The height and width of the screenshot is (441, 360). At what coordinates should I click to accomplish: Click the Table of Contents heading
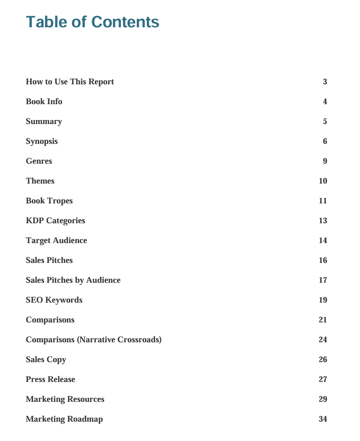coord(93,22)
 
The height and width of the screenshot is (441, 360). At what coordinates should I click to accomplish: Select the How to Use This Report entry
coord(70,82)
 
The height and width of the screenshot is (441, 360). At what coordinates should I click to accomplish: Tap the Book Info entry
coord(44,102)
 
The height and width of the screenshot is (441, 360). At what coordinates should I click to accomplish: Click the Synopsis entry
coord(42,141)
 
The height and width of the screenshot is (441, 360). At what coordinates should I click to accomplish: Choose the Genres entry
coord(39,161)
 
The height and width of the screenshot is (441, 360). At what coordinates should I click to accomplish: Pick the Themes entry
coord(40,181)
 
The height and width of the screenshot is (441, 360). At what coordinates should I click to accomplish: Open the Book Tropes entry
coord(49,201)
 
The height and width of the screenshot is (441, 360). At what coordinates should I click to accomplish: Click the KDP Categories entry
coord(56,221)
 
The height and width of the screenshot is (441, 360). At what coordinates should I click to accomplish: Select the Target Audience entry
coord(57,241)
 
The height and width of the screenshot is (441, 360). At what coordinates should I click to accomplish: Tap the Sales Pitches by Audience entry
coord(73,280)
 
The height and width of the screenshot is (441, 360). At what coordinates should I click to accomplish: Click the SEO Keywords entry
coord(54,300)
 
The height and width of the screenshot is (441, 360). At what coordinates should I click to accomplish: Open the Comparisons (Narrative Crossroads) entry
coord(94,340)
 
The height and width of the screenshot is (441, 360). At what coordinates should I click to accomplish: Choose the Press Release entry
coord(51,379)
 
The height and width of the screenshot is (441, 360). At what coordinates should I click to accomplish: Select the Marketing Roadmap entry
coord(64,419)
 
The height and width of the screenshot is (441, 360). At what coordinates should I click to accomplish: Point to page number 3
coord(325,82)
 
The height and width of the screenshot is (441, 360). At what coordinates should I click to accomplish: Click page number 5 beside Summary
coord(325,122)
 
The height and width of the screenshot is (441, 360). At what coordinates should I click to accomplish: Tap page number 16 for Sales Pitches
coord(323,260)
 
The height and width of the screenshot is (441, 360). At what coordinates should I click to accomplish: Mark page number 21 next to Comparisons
coord(323,320)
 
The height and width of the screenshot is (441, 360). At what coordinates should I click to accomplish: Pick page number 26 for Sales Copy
coord(323,360)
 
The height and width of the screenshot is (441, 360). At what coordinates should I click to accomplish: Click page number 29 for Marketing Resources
coord(323,399)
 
